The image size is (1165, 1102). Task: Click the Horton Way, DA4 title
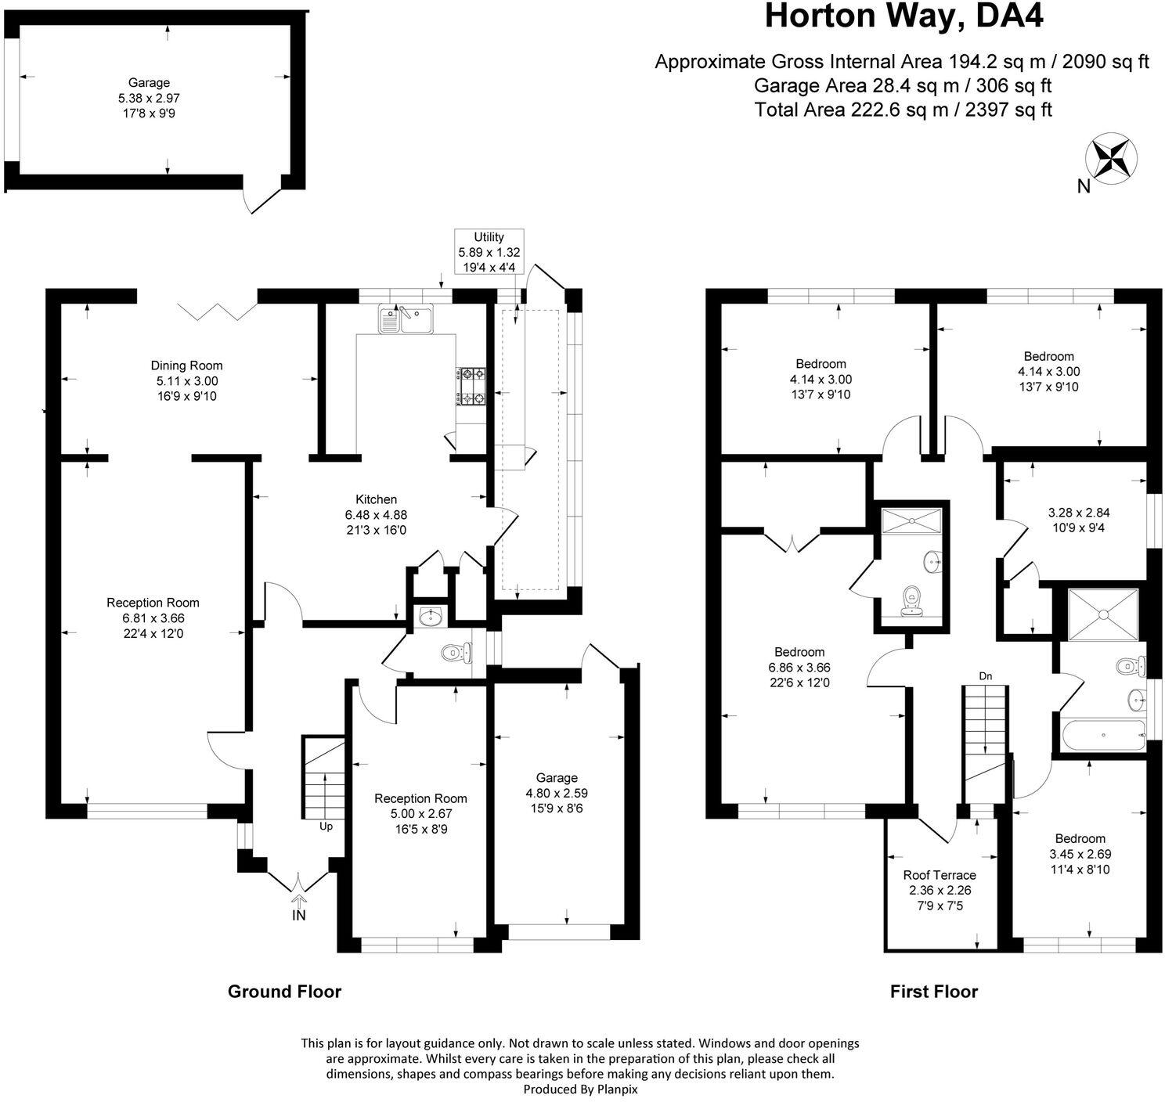(904, 16)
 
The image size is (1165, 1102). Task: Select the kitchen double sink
(406, 319)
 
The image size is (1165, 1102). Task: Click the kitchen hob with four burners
(471, 387)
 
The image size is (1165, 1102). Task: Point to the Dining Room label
(186, 366)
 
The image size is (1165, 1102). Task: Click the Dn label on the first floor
(986, 675)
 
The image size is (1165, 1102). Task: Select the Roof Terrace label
(940, 875)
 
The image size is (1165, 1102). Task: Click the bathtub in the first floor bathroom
(1102, 735)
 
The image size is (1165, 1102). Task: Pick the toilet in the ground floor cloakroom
(455, 651)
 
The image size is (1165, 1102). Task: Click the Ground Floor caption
(284, 992)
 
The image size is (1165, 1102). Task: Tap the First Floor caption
(933, 992)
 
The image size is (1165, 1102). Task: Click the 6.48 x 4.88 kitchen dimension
(376, 515)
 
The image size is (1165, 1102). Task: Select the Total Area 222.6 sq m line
(903, 110)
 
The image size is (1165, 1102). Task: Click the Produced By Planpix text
(580, 1089)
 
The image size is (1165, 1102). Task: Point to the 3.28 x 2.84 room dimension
(1079, 513)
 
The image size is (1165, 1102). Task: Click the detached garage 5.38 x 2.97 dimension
(149, 98)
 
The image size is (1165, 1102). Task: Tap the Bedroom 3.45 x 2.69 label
(1080, 838)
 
